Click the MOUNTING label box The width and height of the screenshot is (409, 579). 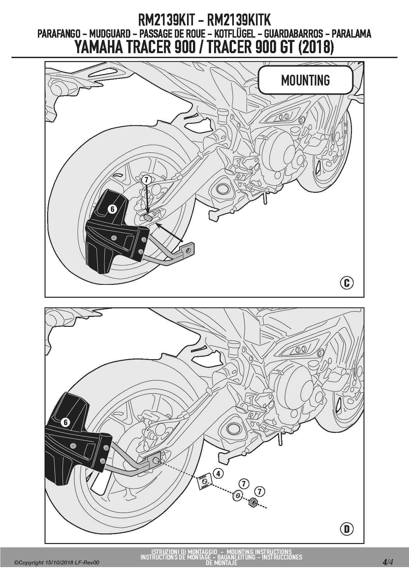[305, 80]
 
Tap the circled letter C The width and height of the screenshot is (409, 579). [346, 283]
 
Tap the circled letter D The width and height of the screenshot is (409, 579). [346, 529]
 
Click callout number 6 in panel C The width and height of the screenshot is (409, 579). [112, 209]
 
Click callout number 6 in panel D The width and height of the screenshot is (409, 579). [65, 422]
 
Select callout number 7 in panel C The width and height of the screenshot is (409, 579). [146, 180]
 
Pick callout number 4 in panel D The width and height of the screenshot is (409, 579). [218, 473]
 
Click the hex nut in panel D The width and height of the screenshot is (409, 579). [253, 502]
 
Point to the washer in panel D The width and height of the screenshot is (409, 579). [237, 495]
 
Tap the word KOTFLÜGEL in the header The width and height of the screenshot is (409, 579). [235, 34]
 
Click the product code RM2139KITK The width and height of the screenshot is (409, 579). [238, 20]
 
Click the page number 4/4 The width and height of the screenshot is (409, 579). [388, 562]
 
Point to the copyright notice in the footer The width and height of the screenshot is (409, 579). [56, 562]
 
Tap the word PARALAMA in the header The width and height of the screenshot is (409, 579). [351, 34]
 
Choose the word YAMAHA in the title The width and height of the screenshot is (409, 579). [98, 47]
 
